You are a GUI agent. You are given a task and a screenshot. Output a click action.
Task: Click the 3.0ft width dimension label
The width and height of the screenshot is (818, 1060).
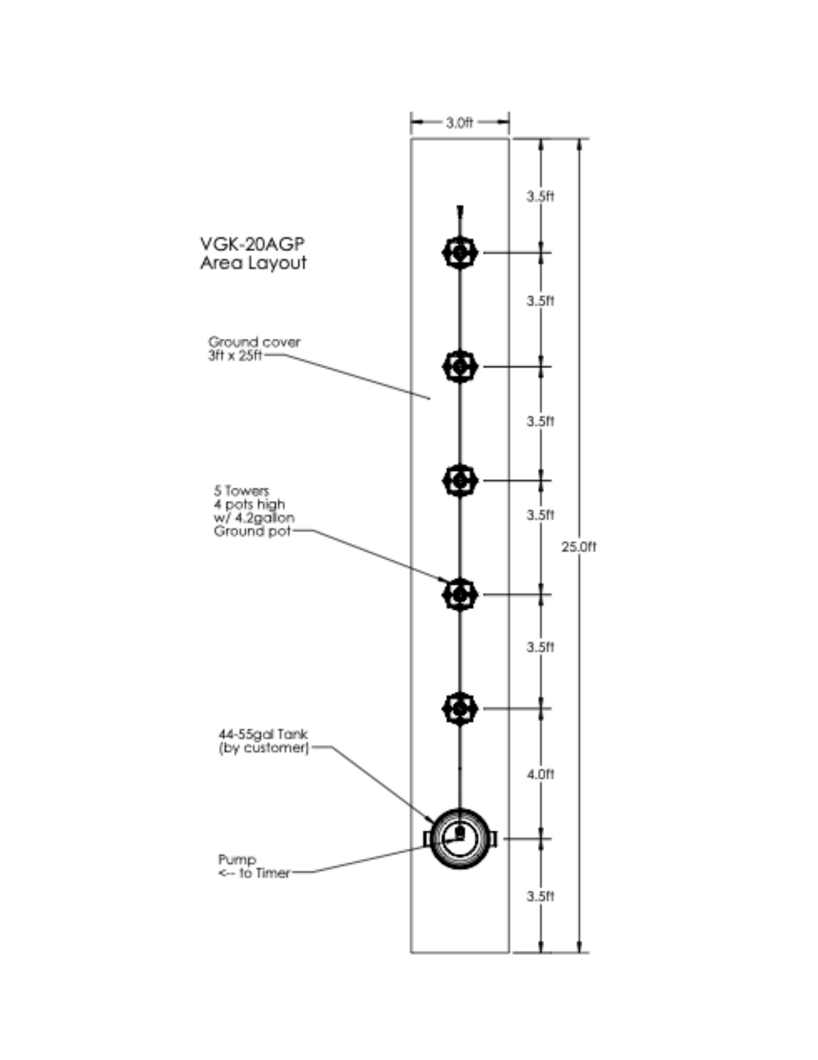[459, 122]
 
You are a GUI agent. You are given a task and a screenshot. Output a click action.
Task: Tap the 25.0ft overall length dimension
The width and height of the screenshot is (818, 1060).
[579, 547]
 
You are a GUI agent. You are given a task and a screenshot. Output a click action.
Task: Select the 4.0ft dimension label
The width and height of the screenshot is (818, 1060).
[541, 774]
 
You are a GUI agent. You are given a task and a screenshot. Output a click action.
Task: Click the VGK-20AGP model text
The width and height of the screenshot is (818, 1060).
[252, 244]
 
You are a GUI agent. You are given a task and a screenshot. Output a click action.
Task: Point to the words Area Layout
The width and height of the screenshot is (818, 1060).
[253, 263]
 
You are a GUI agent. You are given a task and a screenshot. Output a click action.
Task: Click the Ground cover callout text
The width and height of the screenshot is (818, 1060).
[254, 342]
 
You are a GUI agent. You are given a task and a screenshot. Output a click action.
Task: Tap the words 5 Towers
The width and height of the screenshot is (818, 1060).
[241, 491]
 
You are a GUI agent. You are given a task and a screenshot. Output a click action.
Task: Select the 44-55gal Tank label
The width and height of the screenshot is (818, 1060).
[263, 734]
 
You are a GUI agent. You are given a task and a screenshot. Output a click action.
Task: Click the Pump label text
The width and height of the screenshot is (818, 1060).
[237, 859]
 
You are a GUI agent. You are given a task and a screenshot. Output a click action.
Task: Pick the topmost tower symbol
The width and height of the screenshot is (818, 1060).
[460, 253]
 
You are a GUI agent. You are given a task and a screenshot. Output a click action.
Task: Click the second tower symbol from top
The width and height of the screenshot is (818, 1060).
[460, 367]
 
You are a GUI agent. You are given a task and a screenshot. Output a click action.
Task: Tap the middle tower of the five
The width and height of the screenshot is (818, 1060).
[460, 480]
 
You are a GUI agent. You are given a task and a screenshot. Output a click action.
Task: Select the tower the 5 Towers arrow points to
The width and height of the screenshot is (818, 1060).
[460, 594]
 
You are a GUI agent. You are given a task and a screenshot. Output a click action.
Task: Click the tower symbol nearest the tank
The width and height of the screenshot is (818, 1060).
[460, 708]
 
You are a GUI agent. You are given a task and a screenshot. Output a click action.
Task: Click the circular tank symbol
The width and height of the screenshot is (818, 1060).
[460, 838]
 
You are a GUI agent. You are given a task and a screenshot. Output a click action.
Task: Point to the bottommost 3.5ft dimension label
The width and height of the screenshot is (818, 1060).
[541, 896]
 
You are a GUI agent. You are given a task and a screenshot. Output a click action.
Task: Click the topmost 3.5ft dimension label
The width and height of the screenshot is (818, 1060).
[541, 196]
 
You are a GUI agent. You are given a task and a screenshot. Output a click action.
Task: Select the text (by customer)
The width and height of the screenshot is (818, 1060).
[264, 748]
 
